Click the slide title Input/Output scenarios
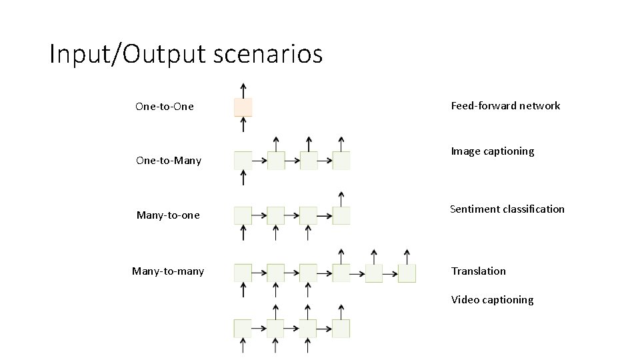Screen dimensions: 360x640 186,54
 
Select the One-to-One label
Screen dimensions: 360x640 164,107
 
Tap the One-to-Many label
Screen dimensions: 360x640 168,161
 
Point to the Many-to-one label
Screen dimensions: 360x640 168,215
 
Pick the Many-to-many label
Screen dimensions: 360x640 168,271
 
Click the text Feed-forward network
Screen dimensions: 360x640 505,106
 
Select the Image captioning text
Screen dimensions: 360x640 493,151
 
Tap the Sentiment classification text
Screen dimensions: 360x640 507,209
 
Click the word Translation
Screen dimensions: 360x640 478,271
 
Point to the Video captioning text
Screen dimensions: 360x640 492,300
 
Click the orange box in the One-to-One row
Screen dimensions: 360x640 243,107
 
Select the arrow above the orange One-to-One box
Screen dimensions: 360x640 243,90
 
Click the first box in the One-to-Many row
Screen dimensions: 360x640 243,161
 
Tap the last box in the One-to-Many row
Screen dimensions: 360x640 341,161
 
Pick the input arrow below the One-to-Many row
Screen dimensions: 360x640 243,177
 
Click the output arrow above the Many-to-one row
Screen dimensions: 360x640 341,199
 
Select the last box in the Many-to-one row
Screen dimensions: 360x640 341,215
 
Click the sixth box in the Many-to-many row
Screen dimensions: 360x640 407,273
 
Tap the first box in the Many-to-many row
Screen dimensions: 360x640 243,273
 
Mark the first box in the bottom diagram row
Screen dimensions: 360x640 243,329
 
